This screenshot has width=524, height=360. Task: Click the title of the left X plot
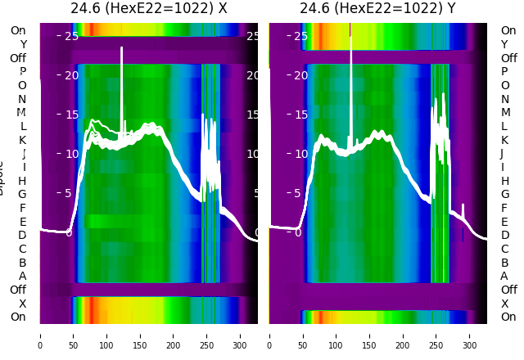[x=148, y=9]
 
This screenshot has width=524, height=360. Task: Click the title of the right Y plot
[x=377, y=9]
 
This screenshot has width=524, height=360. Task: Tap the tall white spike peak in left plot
[x=121, y=49]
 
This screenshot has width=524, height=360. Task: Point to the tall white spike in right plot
[x=350, y=37]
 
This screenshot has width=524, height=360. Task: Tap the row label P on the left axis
[x=23, y=72]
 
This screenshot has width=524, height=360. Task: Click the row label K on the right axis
[x=502, y=140]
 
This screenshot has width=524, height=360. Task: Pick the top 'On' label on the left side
[x=18, y=30]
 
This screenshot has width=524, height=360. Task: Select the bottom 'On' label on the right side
[x=508, y=317]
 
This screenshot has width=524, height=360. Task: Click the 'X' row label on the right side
[x=504, y=304]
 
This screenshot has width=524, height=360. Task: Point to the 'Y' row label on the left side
[x=23, y=44]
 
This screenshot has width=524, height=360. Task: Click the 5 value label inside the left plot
[x=68, y=193]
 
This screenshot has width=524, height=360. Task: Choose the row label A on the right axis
[x=504, y=276]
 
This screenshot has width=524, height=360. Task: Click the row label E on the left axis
[x=23, y=222]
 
